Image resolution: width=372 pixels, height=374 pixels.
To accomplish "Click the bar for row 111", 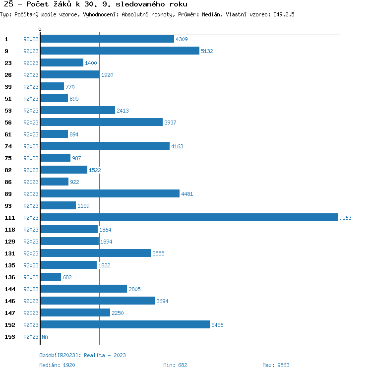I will coord(188,217).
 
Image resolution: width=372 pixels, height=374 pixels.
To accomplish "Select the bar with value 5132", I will coord(120,51).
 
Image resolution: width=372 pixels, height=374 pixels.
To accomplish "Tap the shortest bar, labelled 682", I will coord(51,277).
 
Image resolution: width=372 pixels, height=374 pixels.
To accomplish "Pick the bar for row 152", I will coord(125,324).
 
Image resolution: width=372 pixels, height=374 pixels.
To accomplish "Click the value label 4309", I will coord(182,39).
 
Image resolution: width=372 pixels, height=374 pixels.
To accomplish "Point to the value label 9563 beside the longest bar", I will coord(345,218).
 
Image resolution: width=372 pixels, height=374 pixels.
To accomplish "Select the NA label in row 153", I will coord(45,337).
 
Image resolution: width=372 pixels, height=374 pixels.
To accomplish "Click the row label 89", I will coord(8,193).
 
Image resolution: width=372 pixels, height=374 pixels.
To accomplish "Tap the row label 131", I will coord(10,253).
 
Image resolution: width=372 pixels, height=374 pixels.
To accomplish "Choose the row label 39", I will coord(8,86).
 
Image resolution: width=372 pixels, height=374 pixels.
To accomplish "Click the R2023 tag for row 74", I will coord(31,146).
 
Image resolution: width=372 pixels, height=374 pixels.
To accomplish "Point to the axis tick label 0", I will coord(40,30).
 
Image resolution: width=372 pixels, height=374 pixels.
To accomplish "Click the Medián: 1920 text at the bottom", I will coord(57,365).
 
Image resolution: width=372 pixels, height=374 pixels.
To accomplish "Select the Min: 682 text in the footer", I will coord(175,365).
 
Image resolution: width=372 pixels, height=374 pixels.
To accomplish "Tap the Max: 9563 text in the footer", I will coord(276,365).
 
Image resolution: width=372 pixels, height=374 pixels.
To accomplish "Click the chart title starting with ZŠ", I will coord(96,4).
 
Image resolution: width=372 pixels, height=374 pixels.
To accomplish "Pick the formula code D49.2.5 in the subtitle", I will coord(284,14).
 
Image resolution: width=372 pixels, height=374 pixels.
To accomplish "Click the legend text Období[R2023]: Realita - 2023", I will coord(82,355).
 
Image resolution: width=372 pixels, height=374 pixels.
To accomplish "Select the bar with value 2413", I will coord(77,110).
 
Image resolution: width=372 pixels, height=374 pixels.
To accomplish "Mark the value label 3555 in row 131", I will coord(158,253).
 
